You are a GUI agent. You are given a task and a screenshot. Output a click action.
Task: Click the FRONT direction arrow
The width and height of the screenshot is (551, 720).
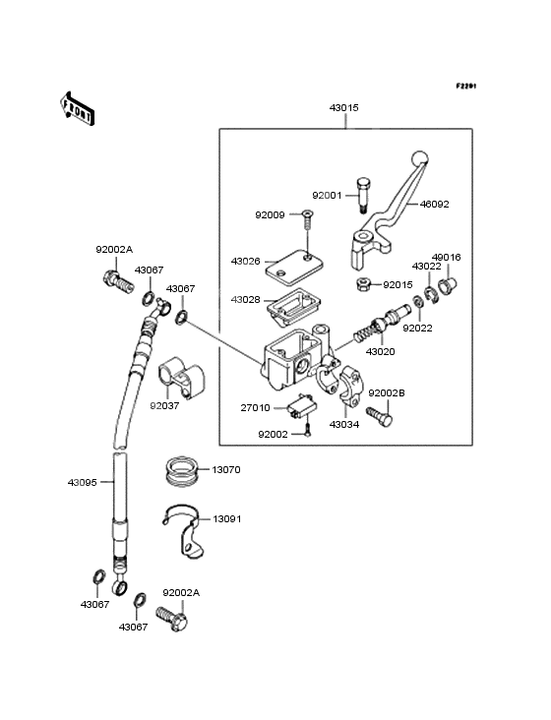(77, 108)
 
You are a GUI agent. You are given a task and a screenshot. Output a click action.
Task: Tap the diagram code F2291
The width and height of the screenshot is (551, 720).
(466, 86)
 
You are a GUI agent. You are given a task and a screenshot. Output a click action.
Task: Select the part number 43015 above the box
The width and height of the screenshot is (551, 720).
(344, 107)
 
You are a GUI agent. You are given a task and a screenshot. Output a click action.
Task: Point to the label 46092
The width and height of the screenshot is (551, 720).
(434, 204)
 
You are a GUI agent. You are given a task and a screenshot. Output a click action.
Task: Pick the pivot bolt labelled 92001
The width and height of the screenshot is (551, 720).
(362, 195)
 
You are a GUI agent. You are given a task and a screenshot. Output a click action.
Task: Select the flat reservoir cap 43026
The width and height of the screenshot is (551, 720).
(294, 265)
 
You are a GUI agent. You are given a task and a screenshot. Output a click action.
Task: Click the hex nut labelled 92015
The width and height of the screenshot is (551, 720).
(363, 284)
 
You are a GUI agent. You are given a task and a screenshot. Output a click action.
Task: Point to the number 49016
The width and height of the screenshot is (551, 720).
(446, 257)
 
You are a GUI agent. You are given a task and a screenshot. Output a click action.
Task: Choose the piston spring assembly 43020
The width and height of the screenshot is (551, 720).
(380, 326)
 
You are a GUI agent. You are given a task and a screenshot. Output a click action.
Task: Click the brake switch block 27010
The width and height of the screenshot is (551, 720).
(302, 406)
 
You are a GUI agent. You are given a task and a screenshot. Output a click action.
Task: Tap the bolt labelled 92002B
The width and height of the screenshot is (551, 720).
(379, 416)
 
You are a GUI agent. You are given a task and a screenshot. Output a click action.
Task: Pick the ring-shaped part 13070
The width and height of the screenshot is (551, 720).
(180, 469)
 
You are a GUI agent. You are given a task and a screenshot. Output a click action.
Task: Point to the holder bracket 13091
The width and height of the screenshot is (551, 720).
(184, 532)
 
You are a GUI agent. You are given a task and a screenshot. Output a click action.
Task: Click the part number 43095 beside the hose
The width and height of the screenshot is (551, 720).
(83, 483)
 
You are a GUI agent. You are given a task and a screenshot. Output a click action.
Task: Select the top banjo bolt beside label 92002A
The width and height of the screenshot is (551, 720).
(118, 281)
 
